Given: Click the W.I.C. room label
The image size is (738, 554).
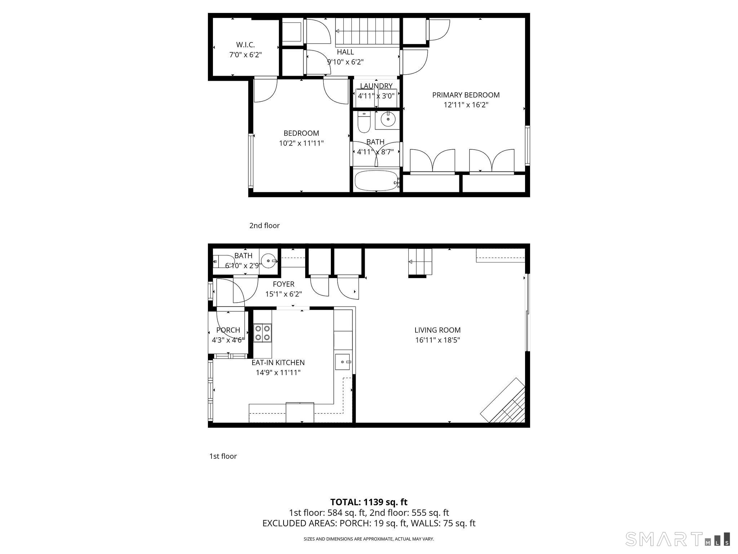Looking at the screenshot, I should [x=245, y=45].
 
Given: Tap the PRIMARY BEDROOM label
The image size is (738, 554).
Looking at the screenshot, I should [x=466, y=95].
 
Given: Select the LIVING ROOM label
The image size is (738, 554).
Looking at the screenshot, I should [x=437, y=330].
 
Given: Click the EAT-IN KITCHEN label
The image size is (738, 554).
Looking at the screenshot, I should [x=278, y=362].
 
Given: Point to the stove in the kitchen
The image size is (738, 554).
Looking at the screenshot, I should [x=263, y=333].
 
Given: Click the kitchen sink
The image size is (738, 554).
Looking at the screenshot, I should [x=343, y=362].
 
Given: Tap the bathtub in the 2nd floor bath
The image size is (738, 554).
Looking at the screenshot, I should [x=376, y=181].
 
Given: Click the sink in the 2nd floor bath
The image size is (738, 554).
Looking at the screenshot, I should [x=387, y=119].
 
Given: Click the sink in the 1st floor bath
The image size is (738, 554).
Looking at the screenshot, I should [x=268, y=260].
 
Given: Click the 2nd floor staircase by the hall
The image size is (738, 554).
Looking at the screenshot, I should [x=368, y=31].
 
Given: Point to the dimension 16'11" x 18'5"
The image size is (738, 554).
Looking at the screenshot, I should [x=437, y=340].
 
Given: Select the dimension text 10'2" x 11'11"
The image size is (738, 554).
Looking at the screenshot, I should [x=301, y=143].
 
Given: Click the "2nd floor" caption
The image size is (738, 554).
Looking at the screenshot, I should [x=264, y=226].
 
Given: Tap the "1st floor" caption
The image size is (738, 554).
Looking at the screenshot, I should [x=223, y=456].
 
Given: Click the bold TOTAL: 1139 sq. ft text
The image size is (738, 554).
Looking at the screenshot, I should [x=369, y=502].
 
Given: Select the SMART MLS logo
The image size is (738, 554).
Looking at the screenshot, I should [x=678, y=539].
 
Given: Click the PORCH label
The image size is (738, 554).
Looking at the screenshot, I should [x=228, y=330].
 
